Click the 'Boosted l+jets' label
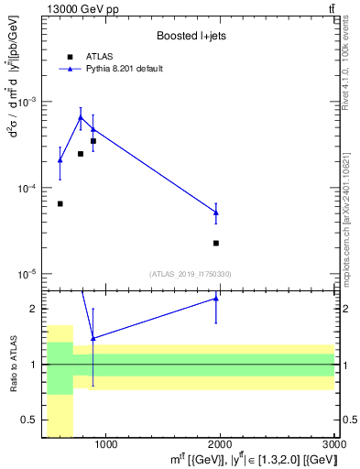[x=190, y=36]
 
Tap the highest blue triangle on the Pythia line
[x=81, y=117]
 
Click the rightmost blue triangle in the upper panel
[x=216, y=213]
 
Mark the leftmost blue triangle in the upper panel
[x=60, y=160]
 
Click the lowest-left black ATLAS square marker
[x=60, y=203]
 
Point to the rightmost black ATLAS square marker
[x=216, y=243]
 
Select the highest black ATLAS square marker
[x=93, y=141]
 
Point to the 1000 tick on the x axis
[x=105, y=445]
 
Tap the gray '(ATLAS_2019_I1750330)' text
[x=191, y=274]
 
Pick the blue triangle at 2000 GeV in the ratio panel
[x=216, y=298]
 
